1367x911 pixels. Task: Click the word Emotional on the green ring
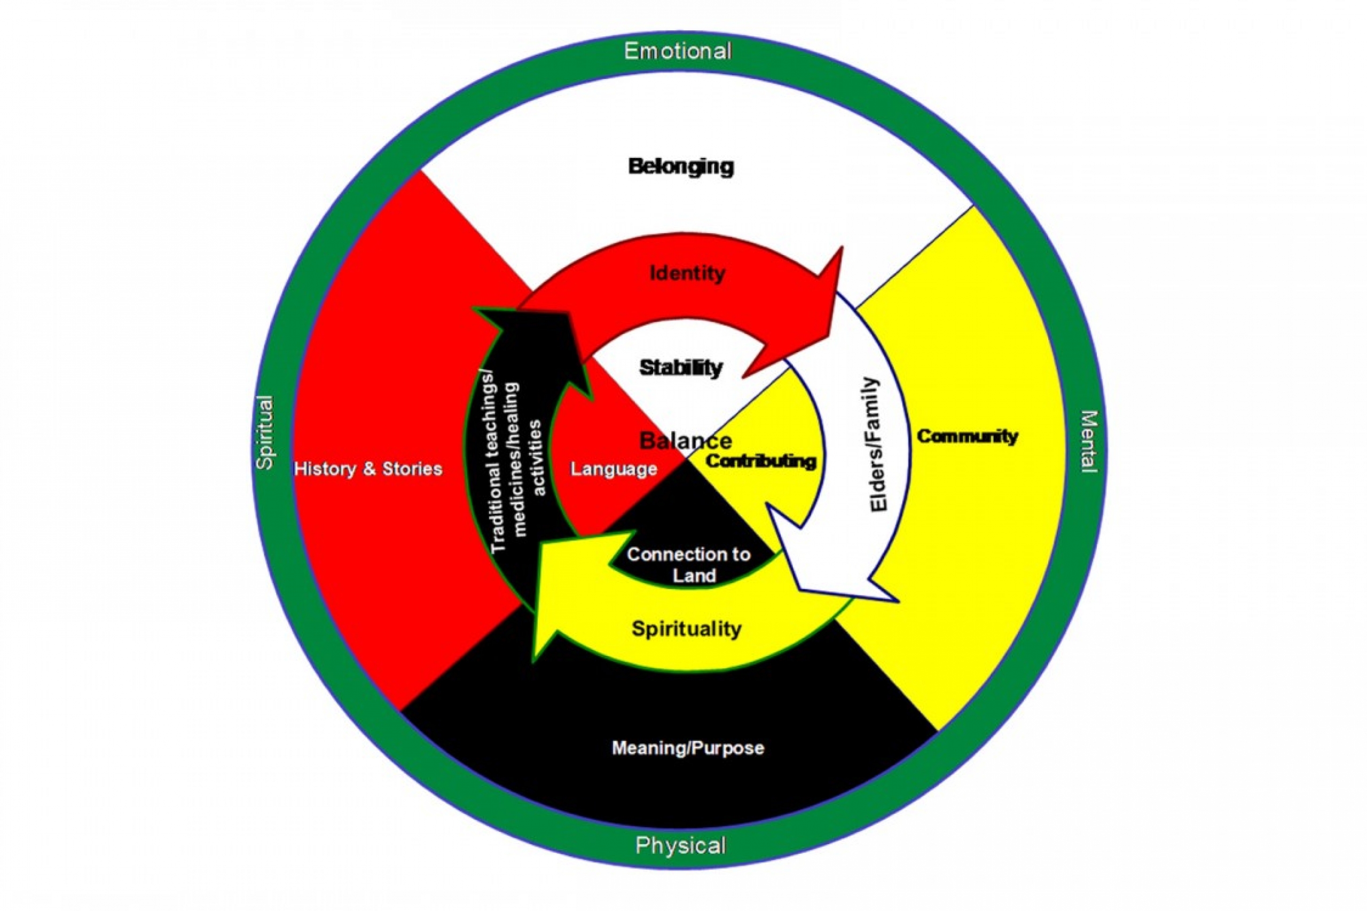click(678, 52)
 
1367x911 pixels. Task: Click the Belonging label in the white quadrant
click(681, 167)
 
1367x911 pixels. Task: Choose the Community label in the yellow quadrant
click(967, 437)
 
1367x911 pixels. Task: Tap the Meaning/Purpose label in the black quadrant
click(688, 748)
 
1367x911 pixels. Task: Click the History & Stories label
click(368, 469)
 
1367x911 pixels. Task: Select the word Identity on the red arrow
click(688, 273)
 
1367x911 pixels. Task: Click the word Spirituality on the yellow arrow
click(686, 629)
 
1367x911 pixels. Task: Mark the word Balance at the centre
click(685, 441)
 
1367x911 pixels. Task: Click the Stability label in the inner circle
click(681, 368)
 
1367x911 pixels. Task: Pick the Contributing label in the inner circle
click(760, 461)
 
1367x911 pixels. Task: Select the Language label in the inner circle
click(614, 469)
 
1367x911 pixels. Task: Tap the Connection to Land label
click(689, 565)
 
